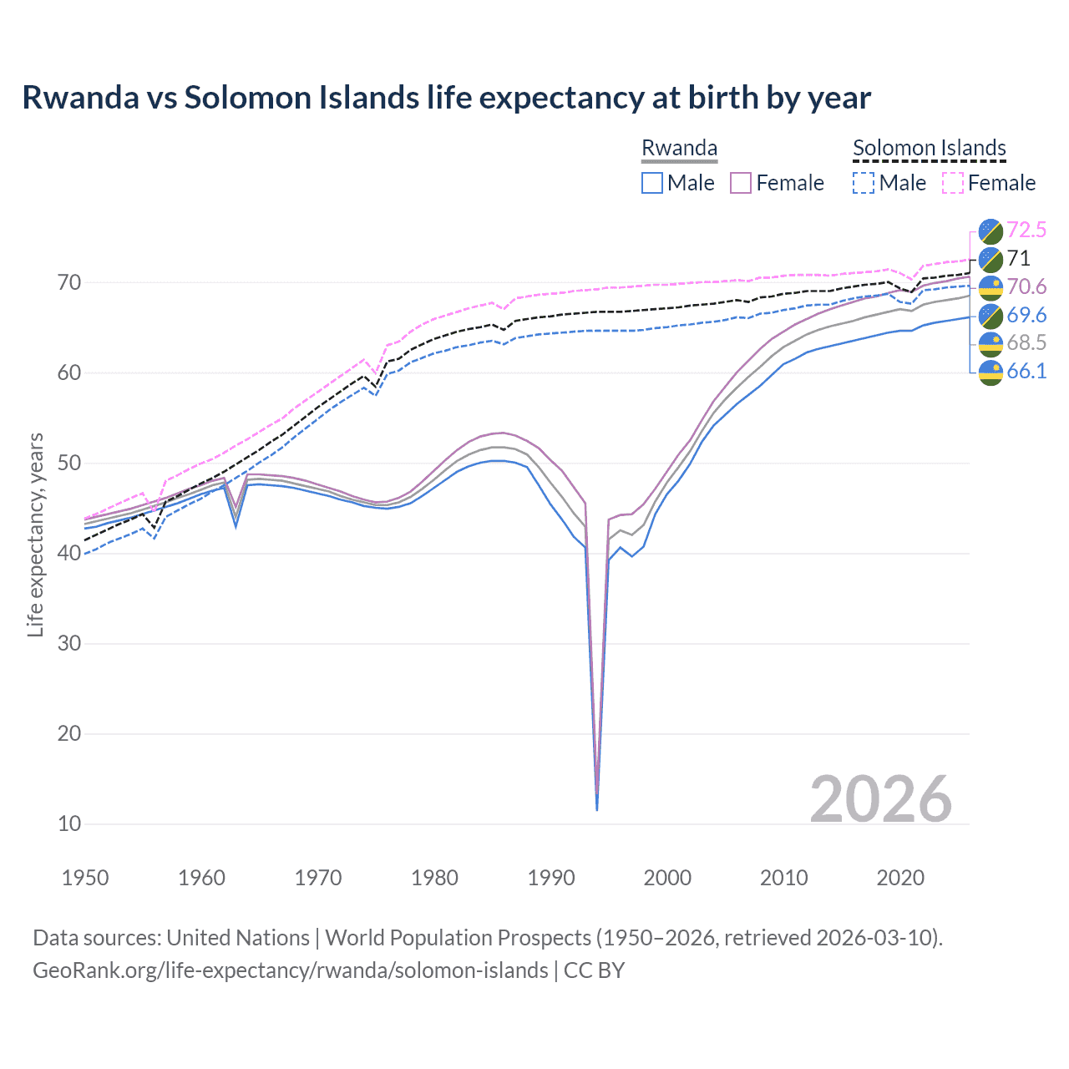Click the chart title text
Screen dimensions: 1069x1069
pyautogui.click(x=446, y=98)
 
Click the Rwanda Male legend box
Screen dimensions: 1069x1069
pyautogui.click(x=652, y=183)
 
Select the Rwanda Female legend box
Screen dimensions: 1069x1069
pyautogui.click(x=742, y=183)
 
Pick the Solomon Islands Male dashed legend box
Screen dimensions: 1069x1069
pyautogui.click(x=864, y=183)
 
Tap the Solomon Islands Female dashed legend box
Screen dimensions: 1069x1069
pyautogui.click(x=953, y=183)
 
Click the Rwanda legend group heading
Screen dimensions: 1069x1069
pyautogui.click(x=679, y=148)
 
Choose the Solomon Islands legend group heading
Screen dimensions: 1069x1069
pyautogui.click(x=929, y=148)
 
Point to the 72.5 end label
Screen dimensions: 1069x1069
pyautogui.click(x=1026, y=230)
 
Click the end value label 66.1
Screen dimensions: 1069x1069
pyautogui.click(x=1026, y=371)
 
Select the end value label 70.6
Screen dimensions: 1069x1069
pyautogui.click(x=1026, y=286)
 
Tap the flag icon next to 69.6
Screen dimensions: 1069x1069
pyautogui.click(x=990, y=315)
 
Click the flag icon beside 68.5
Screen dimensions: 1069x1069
pyautogui.click(x=990, y=342)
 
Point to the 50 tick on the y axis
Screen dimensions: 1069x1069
pyautogui.click(x=69, y=464)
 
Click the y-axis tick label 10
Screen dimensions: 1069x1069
pyautogui.click(x=69, y=824)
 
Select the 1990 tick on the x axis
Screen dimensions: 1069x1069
pyautogui.click(x=551, y=878)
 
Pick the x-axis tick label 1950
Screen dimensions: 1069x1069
pyautogui.click(x=85, y=878)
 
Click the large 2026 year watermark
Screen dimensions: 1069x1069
pyautogui.click(x=880, y=799)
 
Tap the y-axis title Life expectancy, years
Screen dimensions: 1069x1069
pyautogui.click(x=35, y=534)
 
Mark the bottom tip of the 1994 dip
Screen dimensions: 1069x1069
pyautogui.click(x=596, y=809)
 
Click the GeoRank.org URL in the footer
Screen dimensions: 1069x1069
pyautogui.click(x=290, y=970)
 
